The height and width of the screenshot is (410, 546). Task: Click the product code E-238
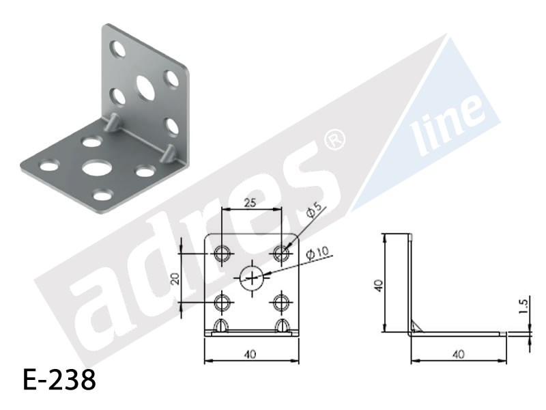(x=59, y=380)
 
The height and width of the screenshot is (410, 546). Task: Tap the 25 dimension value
(x=250, y=202)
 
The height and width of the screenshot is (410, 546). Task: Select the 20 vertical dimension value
(x=176, y=278)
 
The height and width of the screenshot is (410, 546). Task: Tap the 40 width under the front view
(x=250, y=354)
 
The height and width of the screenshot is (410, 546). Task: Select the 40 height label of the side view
(x=379, y=286)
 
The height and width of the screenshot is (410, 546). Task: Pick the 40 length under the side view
(x=459, y=354)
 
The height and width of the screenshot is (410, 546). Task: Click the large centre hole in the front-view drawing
(x=251, y=278)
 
